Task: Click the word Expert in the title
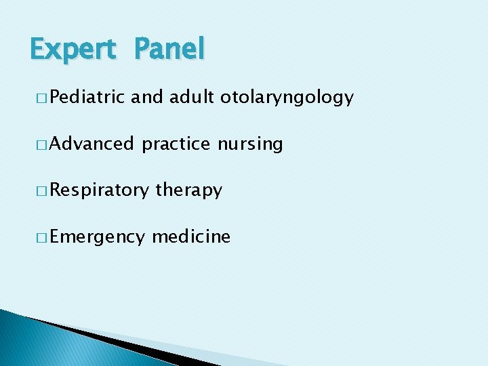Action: (73, 49)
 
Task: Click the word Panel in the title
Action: (169, 48)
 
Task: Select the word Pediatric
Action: (87, 98)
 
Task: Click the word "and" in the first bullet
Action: (147, 98)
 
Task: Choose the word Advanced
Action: (91, 144)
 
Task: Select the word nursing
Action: (250, 144)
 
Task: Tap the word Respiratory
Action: (99, 190)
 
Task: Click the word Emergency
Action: (97, 237)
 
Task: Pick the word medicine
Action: (191, 237)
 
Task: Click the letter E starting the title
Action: (39, 48)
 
